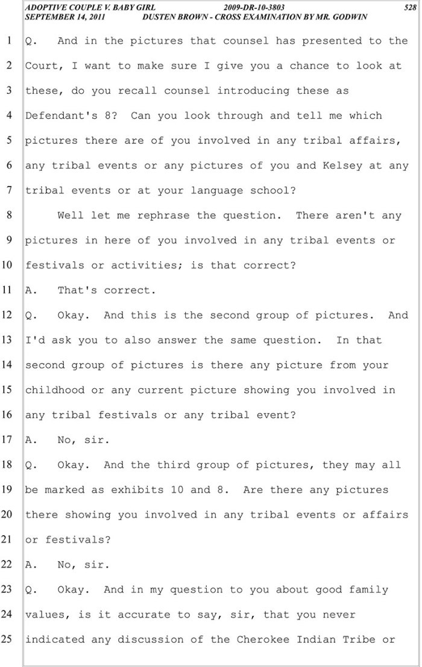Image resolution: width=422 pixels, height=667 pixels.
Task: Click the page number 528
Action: [x=409, y=8]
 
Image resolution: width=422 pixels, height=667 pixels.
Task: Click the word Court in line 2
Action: [x=41, y=66]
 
